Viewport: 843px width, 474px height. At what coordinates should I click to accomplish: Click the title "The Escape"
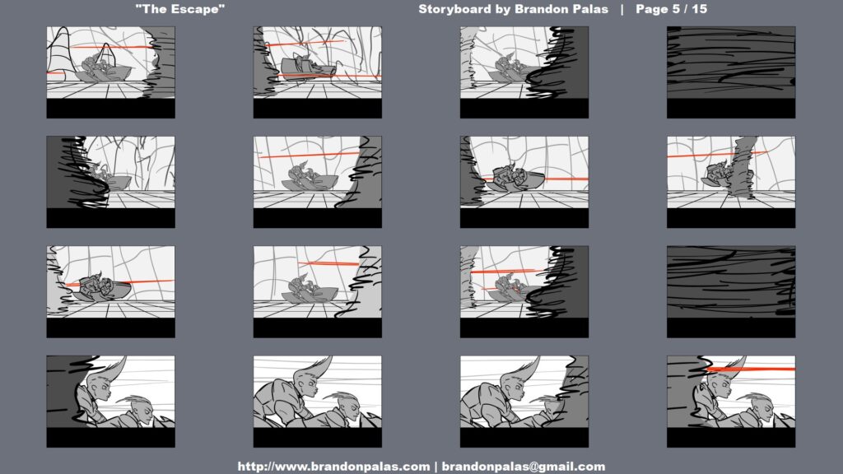click(180, 9)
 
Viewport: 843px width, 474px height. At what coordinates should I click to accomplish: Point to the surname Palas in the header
click(594, 9)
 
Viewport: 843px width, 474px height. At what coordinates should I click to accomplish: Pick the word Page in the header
click(652, 10)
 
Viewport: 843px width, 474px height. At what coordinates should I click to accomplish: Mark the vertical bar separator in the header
click(622, 9)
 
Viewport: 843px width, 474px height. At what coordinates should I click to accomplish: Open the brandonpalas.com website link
click(333, 467)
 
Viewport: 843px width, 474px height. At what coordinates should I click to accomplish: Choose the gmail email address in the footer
click(523, 467)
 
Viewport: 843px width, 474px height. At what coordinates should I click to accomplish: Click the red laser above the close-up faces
click(750, 369)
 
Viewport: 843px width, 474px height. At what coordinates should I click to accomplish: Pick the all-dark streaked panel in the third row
click(731, 281)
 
